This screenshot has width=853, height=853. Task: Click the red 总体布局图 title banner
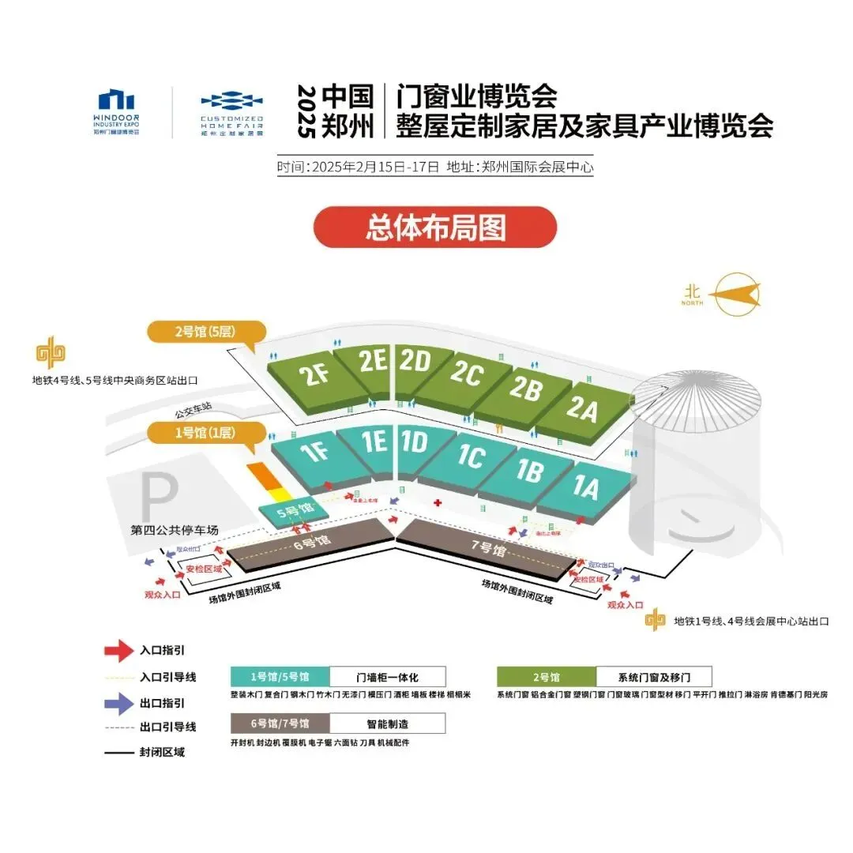[x=435, y=227]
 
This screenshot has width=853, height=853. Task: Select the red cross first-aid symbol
[x=437, y=503]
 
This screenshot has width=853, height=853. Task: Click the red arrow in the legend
[x=118, y=650]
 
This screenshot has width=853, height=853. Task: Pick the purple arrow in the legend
[x=118, y=701]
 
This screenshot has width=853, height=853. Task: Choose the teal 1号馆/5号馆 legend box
[x=280, y=677]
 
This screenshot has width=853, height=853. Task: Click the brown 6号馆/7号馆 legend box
[x=280, y=723]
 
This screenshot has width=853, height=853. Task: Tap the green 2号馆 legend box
[x=546, y=677]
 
